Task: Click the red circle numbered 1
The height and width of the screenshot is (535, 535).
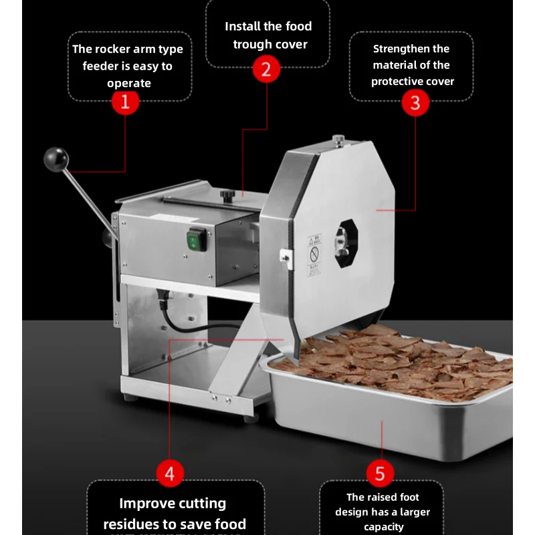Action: click(x=125, y=102)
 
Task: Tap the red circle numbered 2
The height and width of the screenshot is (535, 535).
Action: click(x=266, y=69)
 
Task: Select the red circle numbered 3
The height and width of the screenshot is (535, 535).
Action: click(x=415, y=103)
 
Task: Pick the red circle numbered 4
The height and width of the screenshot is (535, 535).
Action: click(x=170, y=474)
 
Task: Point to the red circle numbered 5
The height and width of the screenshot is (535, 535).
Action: click(x=380, y=474)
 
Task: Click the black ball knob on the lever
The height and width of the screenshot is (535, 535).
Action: click(x=56, y=159)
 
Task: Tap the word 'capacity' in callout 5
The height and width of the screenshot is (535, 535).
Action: click(x=384, y=527)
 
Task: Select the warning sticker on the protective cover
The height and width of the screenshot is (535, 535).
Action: click(x=314, y=254)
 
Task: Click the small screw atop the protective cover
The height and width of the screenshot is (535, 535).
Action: click(x=338, y=139)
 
